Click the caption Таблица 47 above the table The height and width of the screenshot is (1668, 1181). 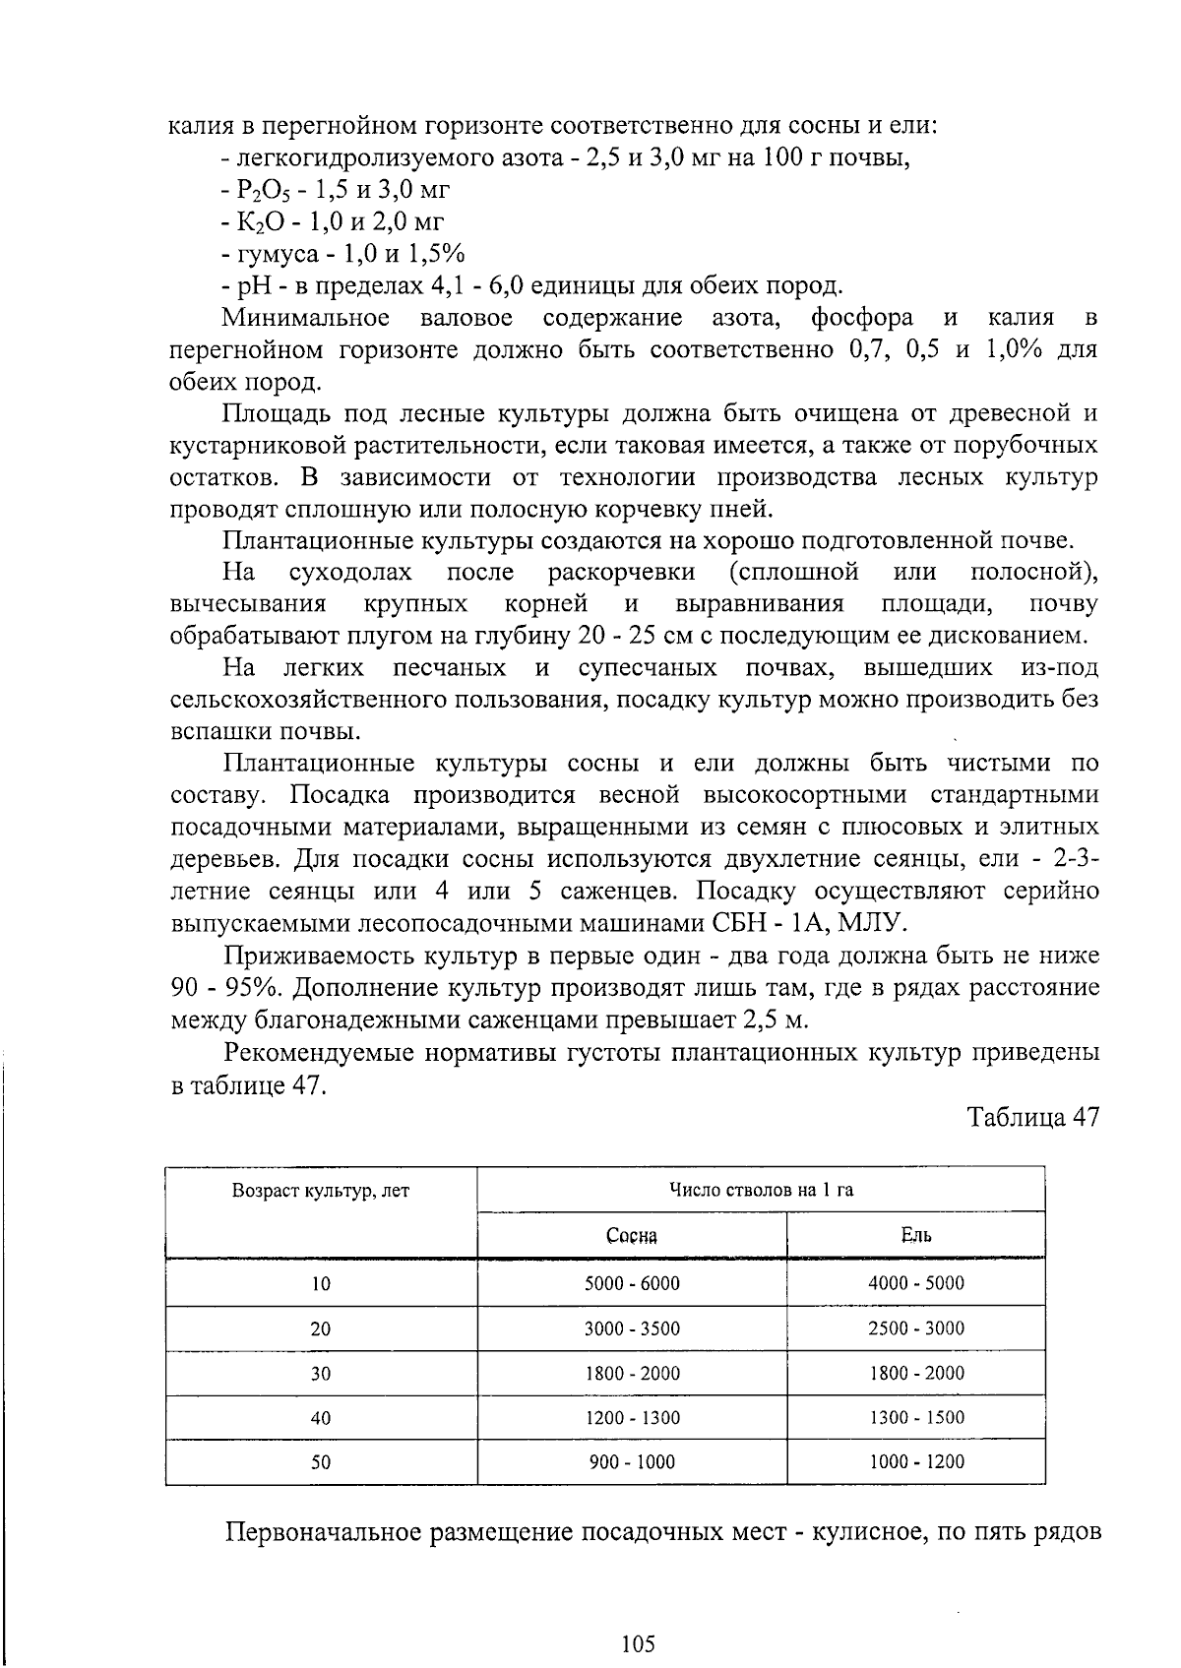(x=1031, y=1118)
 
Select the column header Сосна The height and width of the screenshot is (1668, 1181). (x=632, y=1236)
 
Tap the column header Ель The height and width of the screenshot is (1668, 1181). (x=915, y=1236)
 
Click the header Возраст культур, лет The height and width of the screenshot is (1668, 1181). (x=321, y=1191)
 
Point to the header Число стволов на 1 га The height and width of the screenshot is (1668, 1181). (x=761, y=1191)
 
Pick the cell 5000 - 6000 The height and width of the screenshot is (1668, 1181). (x=632, y=1283)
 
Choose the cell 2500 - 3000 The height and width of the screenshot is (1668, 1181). (x=915, y=1328)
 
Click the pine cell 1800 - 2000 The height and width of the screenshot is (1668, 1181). (x=632, y=1373)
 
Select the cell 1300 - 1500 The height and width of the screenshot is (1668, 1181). (x=915, y=1418)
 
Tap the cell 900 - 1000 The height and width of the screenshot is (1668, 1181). (x=632, y=1462)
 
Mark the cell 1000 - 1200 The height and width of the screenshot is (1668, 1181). (x=915, y=1462)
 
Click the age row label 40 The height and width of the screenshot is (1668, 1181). (x=321, y=1418)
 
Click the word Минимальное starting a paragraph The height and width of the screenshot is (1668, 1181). (x=306, y=318)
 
